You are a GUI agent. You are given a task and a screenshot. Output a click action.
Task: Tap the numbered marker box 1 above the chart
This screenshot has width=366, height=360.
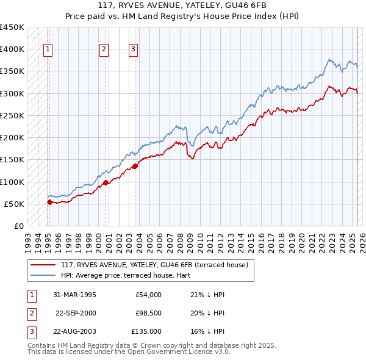point(48,50)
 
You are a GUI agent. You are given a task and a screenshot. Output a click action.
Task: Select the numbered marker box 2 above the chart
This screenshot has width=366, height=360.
point(104,50)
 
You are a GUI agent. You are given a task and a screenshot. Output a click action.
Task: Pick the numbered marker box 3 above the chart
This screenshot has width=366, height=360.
point(133,50)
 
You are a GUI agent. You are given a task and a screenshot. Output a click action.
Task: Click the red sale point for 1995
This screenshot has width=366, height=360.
point(49,202)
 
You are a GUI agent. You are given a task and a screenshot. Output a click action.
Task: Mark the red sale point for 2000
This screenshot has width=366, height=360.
point(106,182)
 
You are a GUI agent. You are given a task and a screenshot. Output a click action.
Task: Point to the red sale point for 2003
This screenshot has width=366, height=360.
point(135,166)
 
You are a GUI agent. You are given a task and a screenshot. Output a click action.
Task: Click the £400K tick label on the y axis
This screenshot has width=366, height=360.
point(12,49)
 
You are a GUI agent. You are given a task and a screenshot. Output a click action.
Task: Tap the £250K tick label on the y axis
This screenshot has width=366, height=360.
point(12,115)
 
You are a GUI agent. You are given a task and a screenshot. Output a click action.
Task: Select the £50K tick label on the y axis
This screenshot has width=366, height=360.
point(15,204)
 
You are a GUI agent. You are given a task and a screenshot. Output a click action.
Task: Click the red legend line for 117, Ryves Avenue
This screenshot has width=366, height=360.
point(43,265)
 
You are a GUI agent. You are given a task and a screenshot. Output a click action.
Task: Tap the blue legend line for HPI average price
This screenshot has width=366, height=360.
point(43,275)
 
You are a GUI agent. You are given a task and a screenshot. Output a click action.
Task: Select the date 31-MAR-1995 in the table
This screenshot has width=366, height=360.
point(75,295)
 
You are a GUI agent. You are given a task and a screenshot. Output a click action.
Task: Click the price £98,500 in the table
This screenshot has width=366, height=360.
point(147,313)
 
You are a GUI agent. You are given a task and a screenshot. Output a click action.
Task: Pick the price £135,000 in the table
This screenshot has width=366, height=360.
point(146,331)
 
